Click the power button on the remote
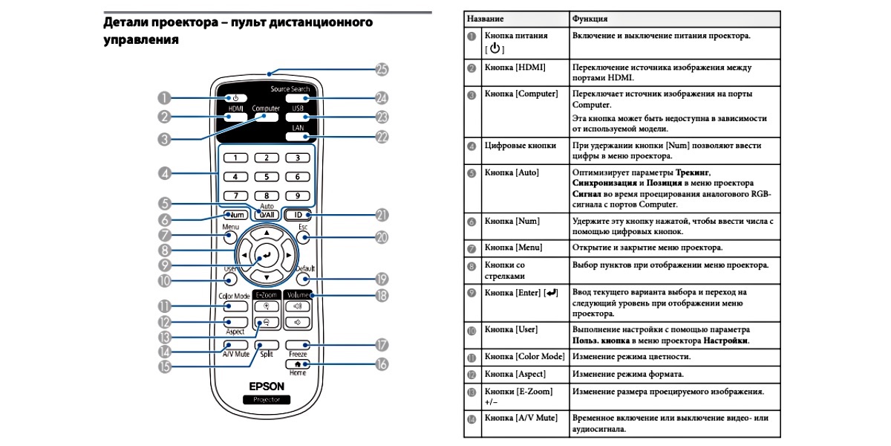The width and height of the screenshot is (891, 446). click(235, 98)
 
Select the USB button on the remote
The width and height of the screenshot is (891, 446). click(298, 117)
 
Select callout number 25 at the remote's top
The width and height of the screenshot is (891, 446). click(382, 70)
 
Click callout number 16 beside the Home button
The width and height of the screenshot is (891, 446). click(382, 364)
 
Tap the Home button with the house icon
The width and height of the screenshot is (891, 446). click(298, 364)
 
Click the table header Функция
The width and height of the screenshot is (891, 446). click(590, 17)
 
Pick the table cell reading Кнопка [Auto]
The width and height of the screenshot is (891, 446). click(512, 172)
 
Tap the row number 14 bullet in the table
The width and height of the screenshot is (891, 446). click(471, 419)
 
